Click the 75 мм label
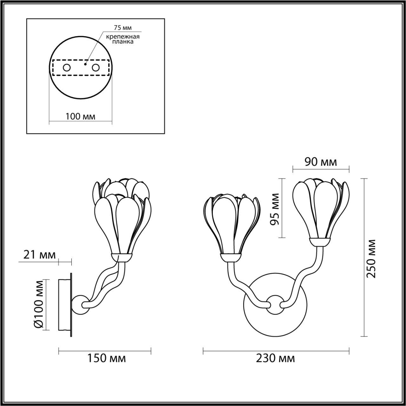tap(123, 28)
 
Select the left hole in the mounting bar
tap(67, 67)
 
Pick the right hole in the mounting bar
tap(95, 67)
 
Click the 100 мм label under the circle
tap(80, 116)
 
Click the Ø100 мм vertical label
tap(39, 304)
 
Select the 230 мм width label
tap(275, 358)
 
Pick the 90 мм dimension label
tap(321, 162)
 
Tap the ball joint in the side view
tap(81, 305)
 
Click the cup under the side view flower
tap(120, 257)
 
